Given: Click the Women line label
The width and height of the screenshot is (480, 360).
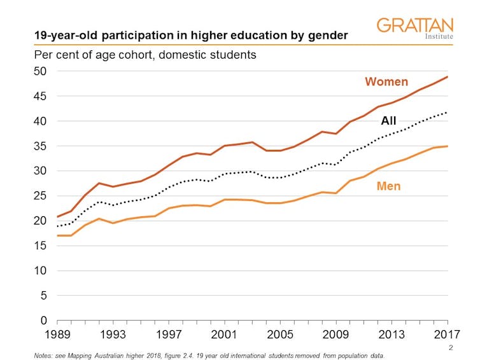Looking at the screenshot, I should tap(386, 82).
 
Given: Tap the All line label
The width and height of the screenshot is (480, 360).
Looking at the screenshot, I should tap(388, 121).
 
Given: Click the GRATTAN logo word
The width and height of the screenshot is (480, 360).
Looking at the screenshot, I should tap(414, 25).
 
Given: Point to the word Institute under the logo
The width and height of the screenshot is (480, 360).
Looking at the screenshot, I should tap(439, 37).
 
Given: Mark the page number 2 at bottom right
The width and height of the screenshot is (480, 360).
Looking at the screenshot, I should tap(450, 347).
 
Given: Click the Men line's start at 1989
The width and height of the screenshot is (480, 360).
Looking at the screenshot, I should tap(57, 235).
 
